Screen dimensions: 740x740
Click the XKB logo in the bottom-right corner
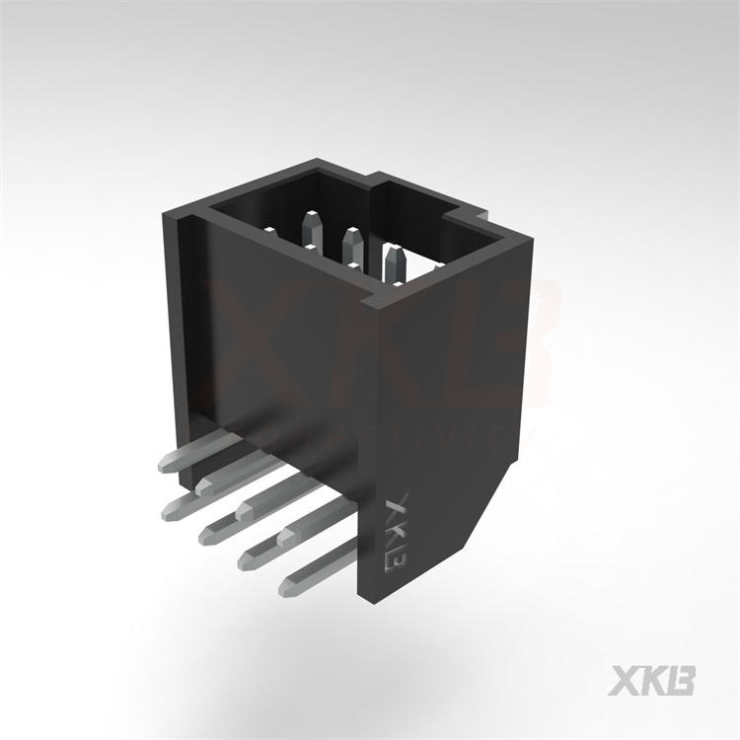[653, 681]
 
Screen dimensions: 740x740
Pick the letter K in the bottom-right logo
[653, 681]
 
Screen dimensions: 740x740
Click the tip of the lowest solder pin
[286, 590]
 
